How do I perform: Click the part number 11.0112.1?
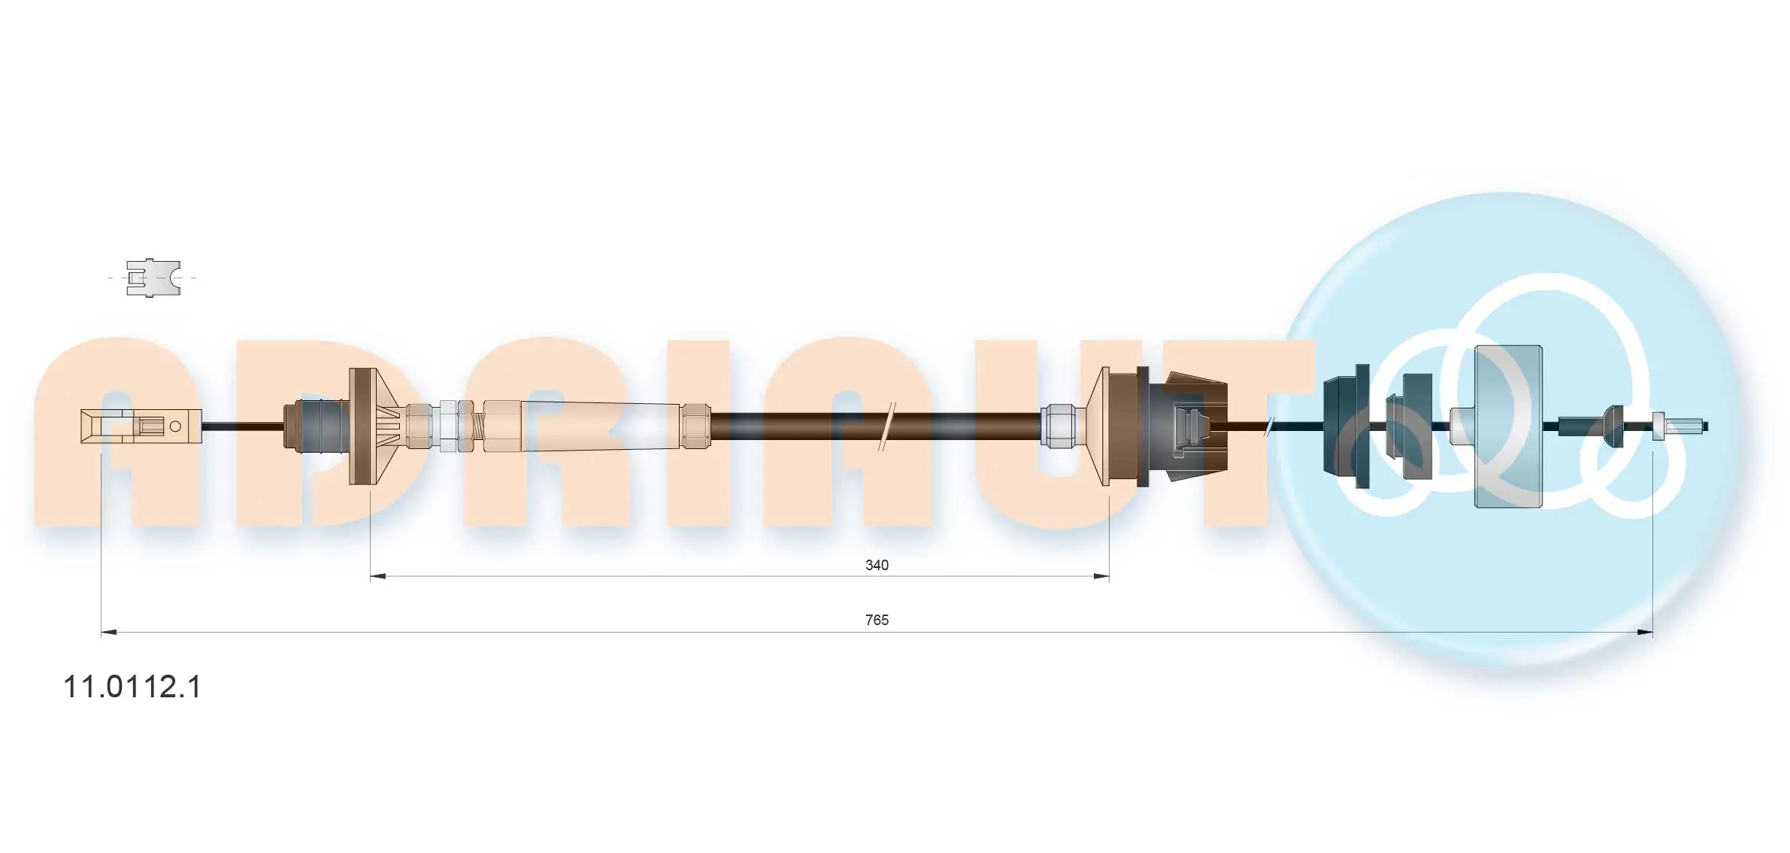click(132, 688)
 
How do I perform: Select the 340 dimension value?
click(877, 565)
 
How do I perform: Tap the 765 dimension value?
click(877, 620)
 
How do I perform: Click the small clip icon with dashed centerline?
click(153, 278)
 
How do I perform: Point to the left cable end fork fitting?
click(113, 426)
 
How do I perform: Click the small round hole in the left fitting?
click(176, 426)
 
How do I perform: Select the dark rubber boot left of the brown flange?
click(316, 426)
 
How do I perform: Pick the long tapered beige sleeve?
click(601, 426)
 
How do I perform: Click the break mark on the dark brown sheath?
click(888, 426)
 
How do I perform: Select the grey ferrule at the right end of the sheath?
click(1057, 426)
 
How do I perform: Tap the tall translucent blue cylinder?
click(1507, 426)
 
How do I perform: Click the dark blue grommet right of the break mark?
click(1346, 426)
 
